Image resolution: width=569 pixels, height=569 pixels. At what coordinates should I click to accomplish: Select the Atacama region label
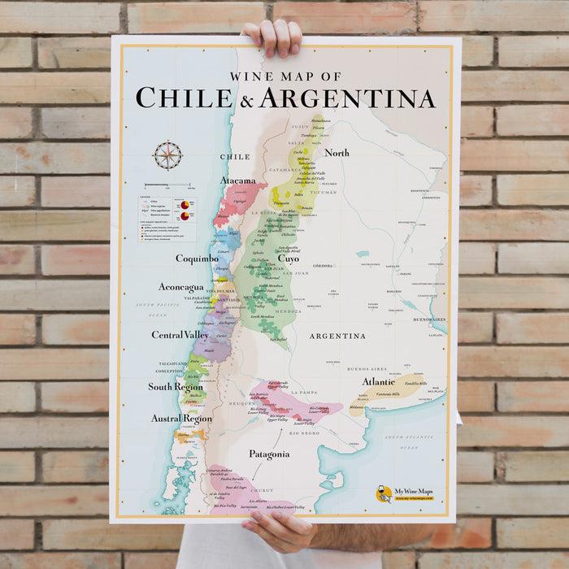point(237,180)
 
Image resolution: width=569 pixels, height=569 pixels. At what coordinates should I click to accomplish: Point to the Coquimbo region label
point(197,258)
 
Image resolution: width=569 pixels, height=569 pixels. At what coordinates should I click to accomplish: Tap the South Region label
point(176,387)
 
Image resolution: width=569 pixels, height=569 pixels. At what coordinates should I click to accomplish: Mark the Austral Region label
point(181,419)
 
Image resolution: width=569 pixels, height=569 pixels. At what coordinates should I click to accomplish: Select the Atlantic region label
point(379,380)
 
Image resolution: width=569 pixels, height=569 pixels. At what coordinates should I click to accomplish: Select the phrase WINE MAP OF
point(284,76)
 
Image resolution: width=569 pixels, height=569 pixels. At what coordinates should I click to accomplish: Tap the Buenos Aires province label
point(363,368)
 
